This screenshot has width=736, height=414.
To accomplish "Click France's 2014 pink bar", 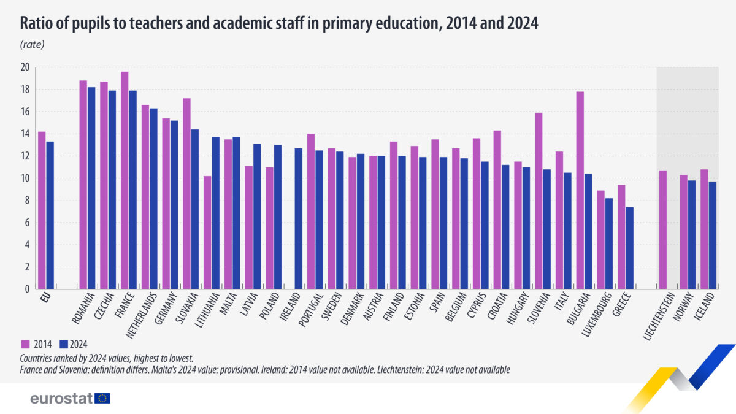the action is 125,180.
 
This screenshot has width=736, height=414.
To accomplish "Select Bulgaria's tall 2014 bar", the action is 580,190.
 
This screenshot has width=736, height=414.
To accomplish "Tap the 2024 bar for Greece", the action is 629,248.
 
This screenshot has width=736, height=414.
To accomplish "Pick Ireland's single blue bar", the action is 298,218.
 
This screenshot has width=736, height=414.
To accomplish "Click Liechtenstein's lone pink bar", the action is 663,229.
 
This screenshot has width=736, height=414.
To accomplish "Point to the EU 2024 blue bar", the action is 50,215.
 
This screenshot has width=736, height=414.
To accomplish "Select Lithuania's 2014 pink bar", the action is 207,232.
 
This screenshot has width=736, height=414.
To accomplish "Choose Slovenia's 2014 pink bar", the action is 539,201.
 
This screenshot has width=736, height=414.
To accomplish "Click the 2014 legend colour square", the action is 25,344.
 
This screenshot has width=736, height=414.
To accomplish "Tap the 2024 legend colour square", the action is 64,344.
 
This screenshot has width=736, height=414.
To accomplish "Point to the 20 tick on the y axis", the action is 25,67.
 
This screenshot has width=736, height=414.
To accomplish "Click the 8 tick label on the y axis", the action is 27,201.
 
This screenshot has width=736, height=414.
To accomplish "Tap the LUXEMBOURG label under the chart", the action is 597,315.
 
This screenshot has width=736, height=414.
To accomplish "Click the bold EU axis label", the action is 45,297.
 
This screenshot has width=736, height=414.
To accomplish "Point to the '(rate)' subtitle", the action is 32,44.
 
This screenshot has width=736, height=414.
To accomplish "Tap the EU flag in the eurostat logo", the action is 102,398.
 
